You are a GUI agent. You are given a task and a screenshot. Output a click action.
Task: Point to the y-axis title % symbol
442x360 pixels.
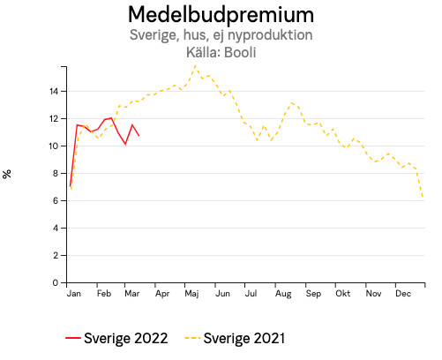coord(8,174)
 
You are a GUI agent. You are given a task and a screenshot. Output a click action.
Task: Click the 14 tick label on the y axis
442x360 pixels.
coord(54,91)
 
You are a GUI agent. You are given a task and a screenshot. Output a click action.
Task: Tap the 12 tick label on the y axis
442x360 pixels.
coord(54,118)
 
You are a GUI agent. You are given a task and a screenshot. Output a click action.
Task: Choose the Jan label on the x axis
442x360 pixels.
coord(74,294)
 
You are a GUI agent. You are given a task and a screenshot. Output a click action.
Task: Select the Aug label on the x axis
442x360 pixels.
coord(283,294)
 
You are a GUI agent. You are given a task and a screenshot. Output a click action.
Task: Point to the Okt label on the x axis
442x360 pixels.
coord(343,294)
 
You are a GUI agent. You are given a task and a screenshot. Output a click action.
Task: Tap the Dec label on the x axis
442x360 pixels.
coord(403,294)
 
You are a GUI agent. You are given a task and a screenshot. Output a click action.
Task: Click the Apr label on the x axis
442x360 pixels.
coord(161,294)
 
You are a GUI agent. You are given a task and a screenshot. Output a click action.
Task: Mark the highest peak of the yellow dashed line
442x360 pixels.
coord(196,66)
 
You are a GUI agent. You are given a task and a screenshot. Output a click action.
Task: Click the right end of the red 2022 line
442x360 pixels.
coord(139,135)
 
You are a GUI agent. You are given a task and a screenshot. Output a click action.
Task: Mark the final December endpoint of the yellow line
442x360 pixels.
coord(423,198)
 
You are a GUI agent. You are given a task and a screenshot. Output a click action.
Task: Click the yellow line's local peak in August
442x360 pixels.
coord(292,102)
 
